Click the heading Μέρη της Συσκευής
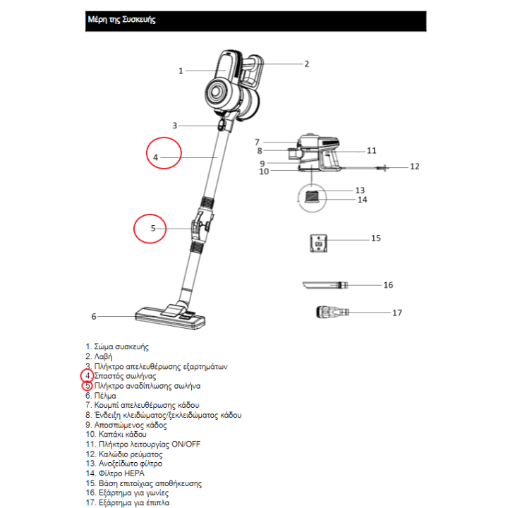[120, 20]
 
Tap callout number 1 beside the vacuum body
[181, 71]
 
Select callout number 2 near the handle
[307, 64]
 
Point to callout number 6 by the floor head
[93, 317]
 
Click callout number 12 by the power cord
[415, 167]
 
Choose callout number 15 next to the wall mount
[376, 238]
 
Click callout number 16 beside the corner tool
[388, 285]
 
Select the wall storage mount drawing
[318, 244]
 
